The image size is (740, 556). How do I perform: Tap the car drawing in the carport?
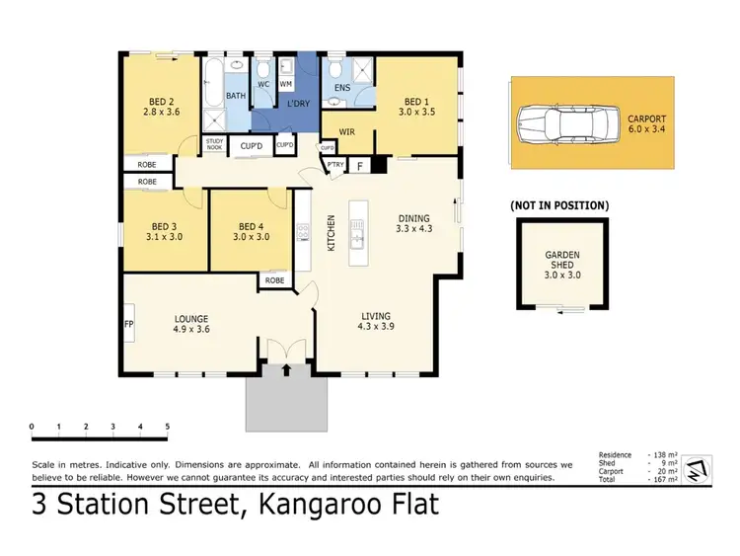pos(560,123)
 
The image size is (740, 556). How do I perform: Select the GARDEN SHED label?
pos(562,261)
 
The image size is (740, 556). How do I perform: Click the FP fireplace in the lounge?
pos(128,324)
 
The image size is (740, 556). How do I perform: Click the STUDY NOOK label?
pos(215,145)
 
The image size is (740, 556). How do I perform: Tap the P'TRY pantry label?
pos(334,166)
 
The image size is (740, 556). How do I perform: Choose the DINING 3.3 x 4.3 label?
pos(415,224)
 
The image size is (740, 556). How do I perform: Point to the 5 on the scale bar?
pos(168,427)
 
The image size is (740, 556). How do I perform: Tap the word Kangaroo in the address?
pos(336,507)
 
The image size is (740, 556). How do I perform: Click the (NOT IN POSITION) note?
pos(559,205)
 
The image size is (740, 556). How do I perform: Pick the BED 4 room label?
pos(252,230)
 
